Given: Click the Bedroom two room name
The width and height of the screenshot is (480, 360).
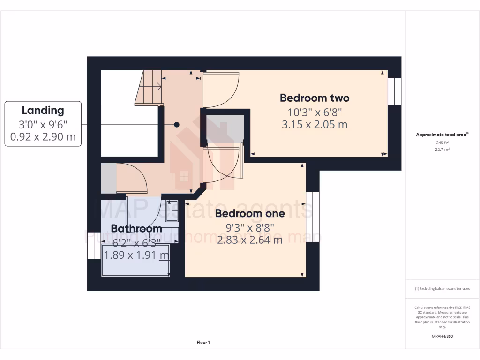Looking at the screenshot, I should (315, 98).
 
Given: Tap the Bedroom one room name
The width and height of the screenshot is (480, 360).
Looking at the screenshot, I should (250, 214).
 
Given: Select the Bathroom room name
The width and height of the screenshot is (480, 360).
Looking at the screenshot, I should (136, 229).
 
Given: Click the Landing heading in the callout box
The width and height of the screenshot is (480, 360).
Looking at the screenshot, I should (43, 111).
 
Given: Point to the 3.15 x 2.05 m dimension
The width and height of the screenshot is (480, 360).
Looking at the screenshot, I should (315, 125).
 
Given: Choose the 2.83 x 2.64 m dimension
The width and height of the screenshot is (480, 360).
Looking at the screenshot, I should (250, 240).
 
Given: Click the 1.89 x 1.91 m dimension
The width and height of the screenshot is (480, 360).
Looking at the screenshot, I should (136, 255).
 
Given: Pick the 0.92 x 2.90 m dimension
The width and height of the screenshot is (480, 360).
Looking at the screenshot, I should (43, 137).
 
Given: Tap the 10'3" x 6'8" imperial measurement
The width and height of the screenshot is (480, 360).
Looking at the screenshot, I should (315, 112).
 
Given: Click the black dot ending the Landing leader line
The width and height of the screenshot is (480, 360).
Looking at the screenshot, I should (177, 125).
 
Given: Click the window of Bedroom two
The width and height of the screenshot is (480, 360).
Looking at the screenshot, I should (394, 91).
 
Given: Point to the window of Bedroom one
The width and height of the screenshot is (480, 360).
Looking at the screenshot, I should (313, 217).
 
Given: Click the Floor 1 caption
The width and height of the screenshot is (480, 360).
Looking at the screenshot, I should (203, 343).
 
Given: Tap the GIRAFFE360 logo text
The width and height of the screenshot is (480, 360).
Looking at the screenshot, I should (442, 336).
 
